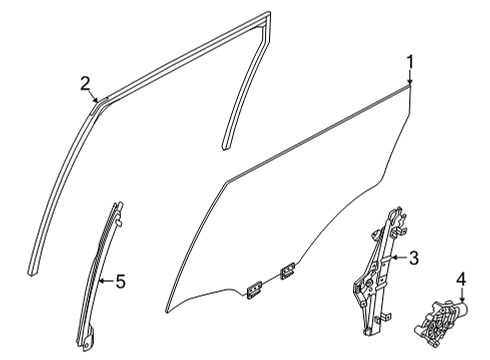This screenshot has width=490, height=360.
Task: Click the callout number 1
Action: (410, 62)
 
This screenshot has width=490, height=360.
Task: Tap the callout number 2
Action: (85, 83)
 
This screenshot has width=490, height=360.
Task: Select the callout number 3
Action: (414, 258)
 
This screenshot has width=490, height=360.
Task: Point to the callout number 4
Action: (462, 279)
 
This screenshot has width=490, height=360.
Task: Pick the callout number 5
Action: (121, 281)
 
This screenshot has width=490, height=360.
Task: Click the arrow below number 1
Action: (410, 78)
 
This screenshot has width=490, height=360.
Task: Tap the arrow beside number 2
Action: (94, 97)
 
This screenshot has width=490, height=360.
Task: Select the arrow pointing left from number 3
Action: (399, 257)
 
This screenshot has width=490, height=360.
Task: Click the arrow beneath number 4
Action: (462, 295)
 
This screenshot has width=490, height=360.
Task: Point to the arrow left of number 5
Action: (107, 281)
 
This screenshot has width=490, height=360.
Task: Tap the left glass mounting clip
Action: (254, 290)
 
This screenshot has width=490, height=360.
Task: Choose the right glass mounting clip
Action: (287, 269)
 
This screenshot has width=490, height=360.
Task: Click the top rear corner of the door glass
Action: (410, 86)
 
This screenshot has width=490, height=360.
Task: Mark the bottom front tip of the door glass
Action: (166, 312)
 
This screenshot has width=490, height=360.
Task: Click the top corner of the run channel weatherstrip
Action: (268, 13)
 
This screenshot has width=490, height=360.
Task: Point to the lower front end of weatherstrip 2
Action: (31, 273)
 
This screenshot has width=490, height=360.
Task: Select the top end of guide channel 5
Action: (118, 204)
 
